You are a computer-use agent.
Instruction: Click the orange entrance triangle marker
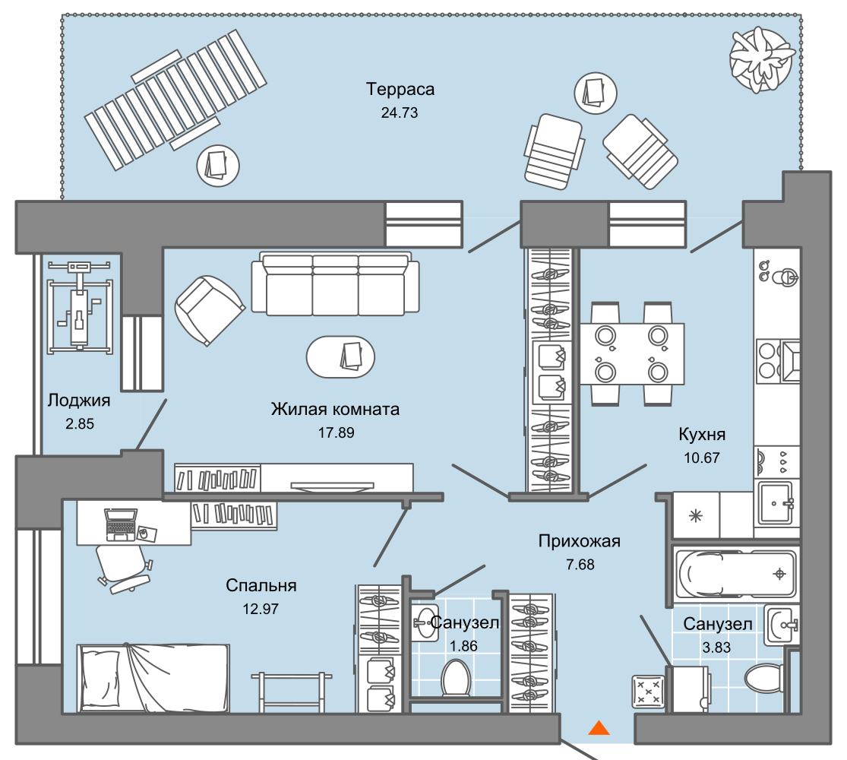click(599, 727)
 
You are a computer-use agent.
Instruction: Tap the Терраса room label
click(400, 89)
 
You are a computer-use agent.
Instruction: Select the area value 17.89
click(336, 432)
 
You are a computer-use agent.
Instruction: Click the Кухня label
click(702, 434)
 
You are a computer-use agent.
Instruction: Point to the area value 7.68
click(580, 565)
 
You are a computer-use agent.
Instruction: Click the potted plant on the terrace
click(762, 59)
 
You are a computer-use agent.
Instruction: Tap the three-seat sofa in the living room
click(336, 283)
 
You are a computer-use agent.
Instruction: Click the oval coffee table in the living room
click(340, 357)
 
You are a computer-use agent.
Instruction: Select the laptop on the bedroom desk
click(121, 524)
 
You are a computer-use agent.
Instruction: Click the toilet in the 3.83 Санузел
click(763, 677)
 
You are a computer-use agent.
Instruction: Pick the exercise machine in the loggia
click(80, 306)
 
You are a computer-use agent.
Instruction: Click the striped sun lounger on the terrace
click(175, 100)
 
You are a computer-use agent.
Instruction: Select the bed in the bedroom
click(153, 678)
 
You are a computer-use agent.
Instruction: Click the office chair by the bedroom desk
click(122, 568)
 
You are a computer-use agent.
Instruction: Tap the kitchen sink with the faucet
click(776, 503)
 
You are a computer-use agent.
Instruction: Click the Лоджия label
click(79, 400)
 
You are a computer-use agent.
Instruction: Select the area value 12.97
click(261, 609)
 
